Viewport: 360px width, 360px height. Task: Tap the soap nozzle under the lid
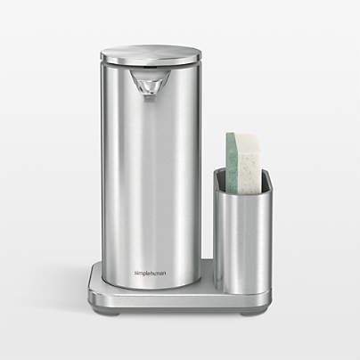click(x=148, y=85)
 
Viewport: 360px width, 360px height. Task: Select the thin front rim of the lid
click(x=150, y=62)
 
